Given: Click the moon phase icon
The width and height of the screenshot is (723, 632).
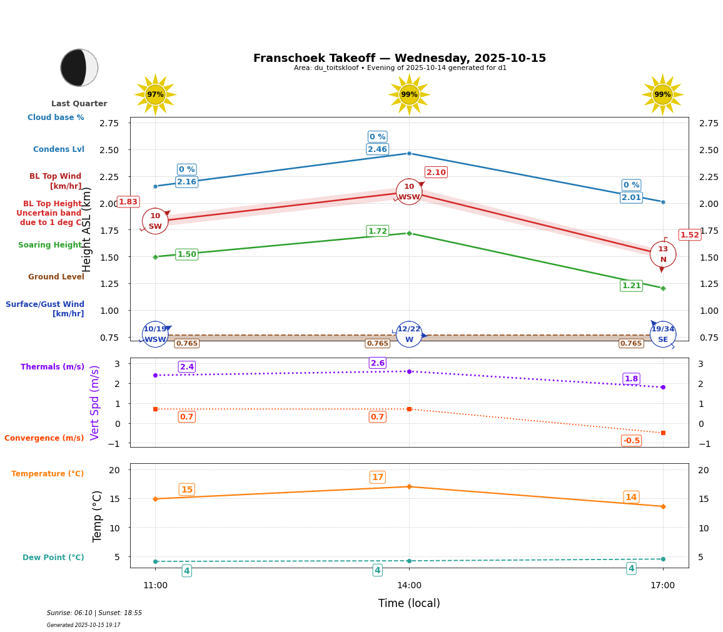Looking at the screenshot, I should tap(79, 68).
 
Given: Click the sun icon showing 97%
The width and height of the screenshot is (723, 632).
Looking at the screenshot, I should tap(155, 94).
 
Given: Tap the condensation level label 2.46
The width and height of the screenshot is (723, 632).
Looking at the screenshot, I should tap(377, 149).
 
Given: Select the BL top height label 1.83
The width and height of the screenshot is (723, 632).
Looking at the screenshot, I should tap(128, 202).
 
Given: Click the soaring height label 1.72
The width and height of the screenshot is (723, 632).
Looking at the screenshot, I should tap(377, 231).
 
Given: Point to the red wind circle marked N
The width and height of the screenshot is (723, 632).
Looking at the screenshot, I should tap(662, 254).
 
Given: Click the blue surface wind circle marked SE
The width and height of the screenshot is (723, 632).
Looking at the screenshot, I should tap(662, 334).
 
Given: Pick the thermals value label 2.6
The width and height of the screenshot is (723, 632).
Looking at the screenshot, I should tap(377, 363).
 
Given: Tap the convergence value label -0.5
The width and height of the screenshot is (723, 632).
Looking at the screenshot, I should tap(631, 441).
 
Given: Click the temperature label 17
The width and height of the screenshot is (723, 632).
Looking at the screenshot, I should tap(377, 478).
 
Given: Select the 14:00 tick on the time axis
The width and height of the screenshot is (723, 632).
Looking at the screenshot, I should tap(409, 586).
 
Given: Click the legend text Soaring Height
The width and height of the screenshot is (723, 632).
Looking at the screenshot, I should tap(51, 245).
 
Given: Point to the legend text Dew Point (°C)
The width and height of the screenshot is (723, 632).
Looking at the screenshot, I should tap(53, 558).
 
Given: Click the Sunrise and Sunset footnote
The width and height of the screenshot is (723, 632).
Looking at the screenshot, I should tap(94, 613).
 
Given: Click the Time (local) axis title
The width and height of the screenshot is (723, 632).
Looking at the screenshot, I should tap(409, 603).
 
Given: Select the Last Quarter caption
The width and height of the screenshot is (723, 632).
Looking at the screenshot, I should tap(79, 104).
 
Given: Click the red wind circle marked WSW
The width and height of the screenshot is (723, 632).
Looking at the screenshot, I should tap(409, 192).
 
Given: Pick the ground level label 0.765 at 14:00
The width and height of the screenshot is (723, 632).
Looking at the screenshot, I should tap(377, 343).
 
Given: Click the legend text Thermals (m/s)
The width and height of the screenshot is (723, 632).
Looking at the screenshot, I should tap(52, 367).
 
